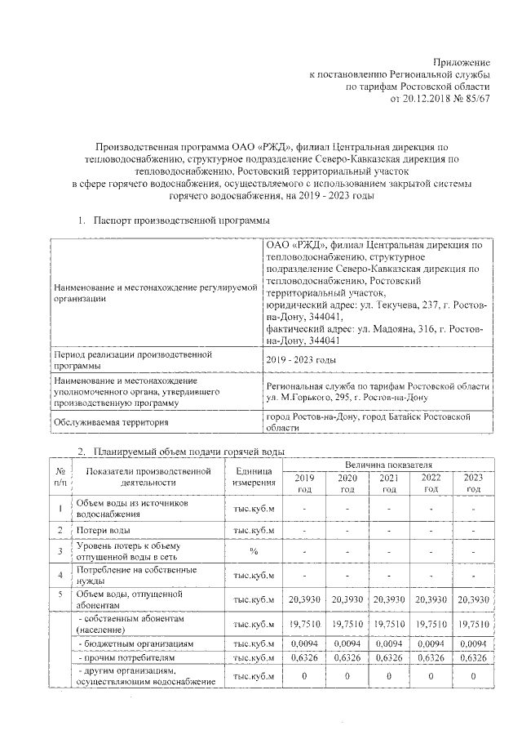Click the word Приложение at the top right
[461, 62]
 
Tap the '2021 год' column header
[389, 483]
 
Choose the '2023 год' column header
[473, 483]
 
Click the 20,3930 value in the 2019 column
[304, 599]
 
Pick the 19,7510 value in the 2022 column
[431, 625]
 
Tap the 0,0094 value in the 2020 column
[347, 643]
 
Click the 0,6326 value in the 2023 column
[473, 657]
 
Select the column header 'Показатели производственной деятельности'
[148, 477]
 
